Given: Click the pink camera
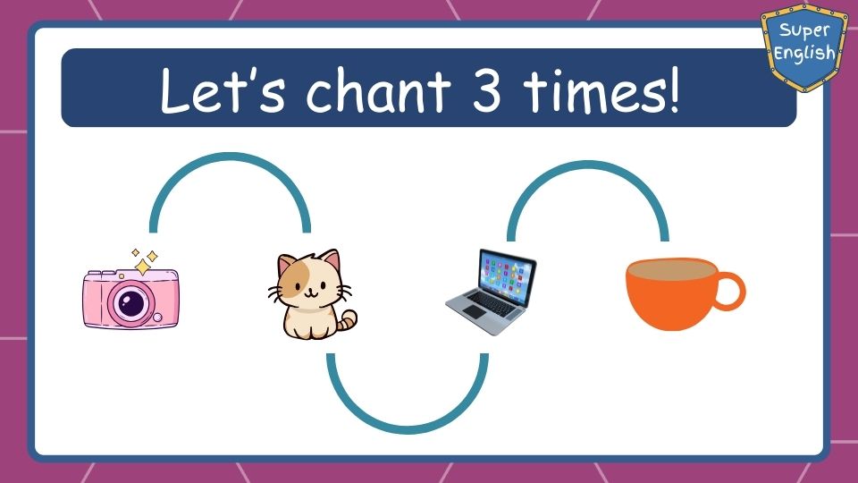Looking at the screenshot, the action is (x=130, y=298).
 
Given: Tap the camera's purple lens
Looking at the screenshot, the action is (x=131, y=303).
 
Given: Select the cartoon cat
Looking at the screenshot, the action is (x=313, y=294).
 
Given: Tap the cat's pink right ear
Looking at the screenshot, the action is (x=330, y=260).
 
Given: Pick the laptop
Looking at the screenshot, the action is (x=492, y=292).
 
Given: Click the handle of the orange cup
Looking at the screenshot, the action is (x=730, y=291).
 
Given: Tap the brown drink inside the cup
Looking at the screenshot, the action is (x=671, y=269).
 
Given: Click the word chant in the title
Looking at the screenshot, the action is (x=378, y=89).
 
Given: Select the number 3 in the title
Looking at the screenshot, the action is (x=486, y=89).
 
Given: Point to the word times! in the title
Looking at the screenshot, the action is (x=601, y=89).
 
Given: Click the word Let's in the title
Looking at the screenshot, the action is (x=223, y=89).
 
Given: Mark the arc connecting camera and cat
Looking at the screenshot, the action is (x=230, y=157).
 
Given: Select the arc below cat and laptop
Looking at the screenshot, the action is (x=408, y=430).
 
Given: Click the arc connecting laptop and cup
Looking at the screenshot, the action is (x=588, y=165).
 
